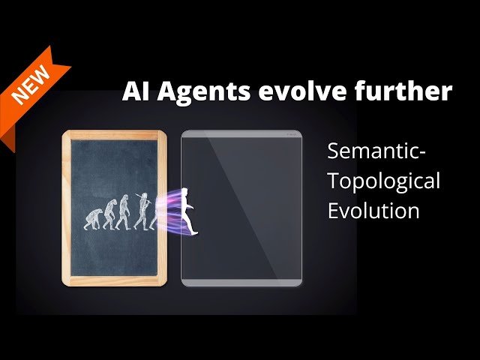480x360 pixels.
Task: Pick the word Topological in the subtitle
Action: pyautogui.click(x=383, y=181)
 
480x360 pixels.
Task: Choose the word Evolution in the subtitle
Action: pyautogui.click(x=373, y=211)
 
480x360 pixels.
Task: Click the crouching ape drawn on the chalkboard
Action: pyautogui.click(x=94, y=218)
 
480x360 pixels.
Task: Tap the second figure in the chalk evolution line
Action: pyautogui.click(x=109, y=214)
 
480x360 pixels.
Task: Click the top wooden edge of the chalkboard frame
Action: pyautogui.click(x=114, y=135)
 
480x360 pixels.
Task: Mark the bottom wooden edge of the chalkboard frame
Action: pyautogui.click(x=114, y=283)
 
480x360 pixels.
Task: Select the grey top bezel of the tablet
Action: pyautogui.click(x=241, y=133)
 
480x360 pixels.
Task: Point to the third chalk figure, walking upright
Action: pyautogui.click(x=124, y=212)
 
